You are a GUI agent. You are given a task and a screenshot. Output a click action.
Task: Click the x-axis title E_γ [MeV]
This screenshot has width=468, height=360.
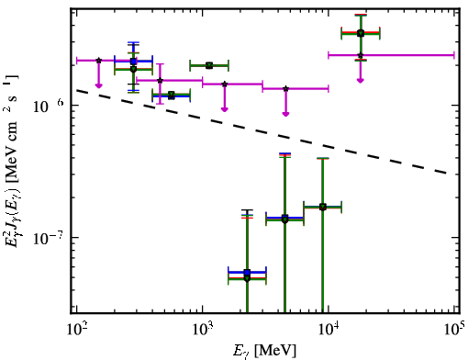click(264, 351)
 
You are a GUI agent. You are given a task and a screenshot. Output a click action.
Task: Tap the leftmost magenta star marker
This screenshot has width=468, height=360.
click(98, 61)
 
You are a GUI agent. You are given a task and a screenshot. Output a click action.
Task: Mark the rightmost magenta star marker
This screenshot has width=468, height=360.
click(361, 55)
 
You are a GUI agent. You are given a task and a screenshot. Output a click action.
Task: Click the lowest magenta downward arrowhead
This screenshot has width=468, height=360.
click(285, 114)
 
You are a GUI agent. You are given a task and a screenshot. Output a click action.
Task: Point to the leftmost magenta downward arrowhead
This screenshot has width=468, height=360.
click(98, 85)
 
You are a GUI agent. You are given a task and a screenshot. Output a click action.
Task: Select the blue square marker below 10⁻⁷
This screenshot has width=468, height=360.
click(248, 272)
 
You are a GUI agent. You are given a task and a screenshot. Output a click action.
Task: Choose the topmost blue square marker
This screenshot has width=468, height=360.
click(133, 62)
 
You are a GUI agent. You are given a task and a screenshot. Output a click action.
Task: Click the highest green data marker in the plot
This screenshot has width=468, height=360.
click(361, 33)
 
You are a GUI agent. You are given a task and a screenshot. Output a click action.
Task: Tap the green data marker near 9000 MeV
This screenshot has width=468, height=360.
click(323, 208)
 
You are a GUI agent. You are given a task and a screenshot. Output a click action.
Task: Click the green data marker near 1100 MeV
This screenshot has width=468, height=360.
click(209, 65)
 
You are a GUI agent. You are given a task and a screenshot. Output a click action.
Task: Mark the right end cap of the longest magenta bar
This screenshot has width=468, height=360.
click(454, 55)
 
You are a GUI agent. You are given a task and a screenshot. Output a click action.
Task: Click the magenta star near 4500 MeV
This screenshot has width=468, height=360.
click(285, 89)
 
